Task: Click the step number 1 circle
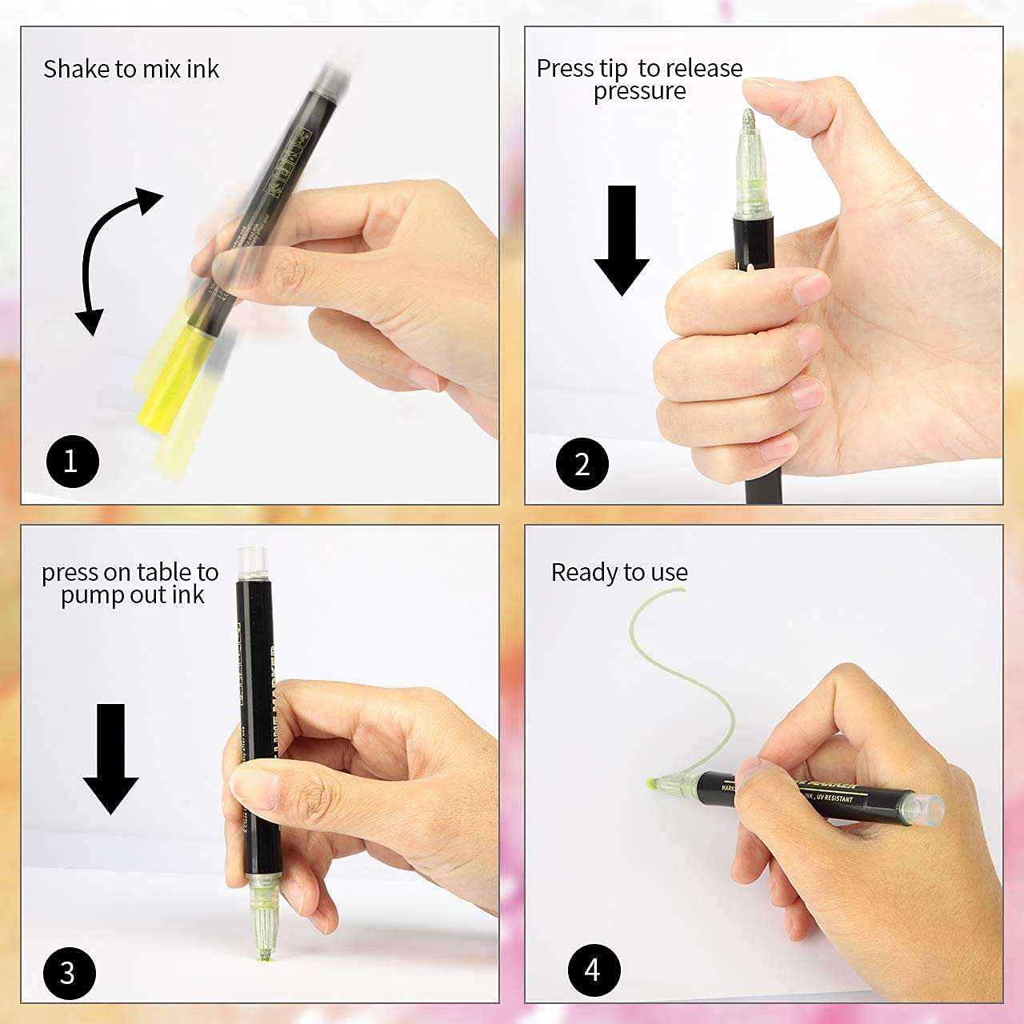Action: click(70, 462)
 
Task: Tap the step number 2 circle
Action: click(582, 463)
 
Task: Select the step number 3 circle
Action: click(68, 973)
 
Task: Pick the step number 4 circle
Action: click(593, 970)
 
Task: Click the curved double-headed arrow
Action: click(112, 256)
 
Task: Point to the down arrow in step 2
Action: click(622, 240)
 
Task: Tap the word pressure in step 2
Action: click(639, 92)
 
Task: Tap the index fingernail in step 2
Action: click(812, 288)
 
